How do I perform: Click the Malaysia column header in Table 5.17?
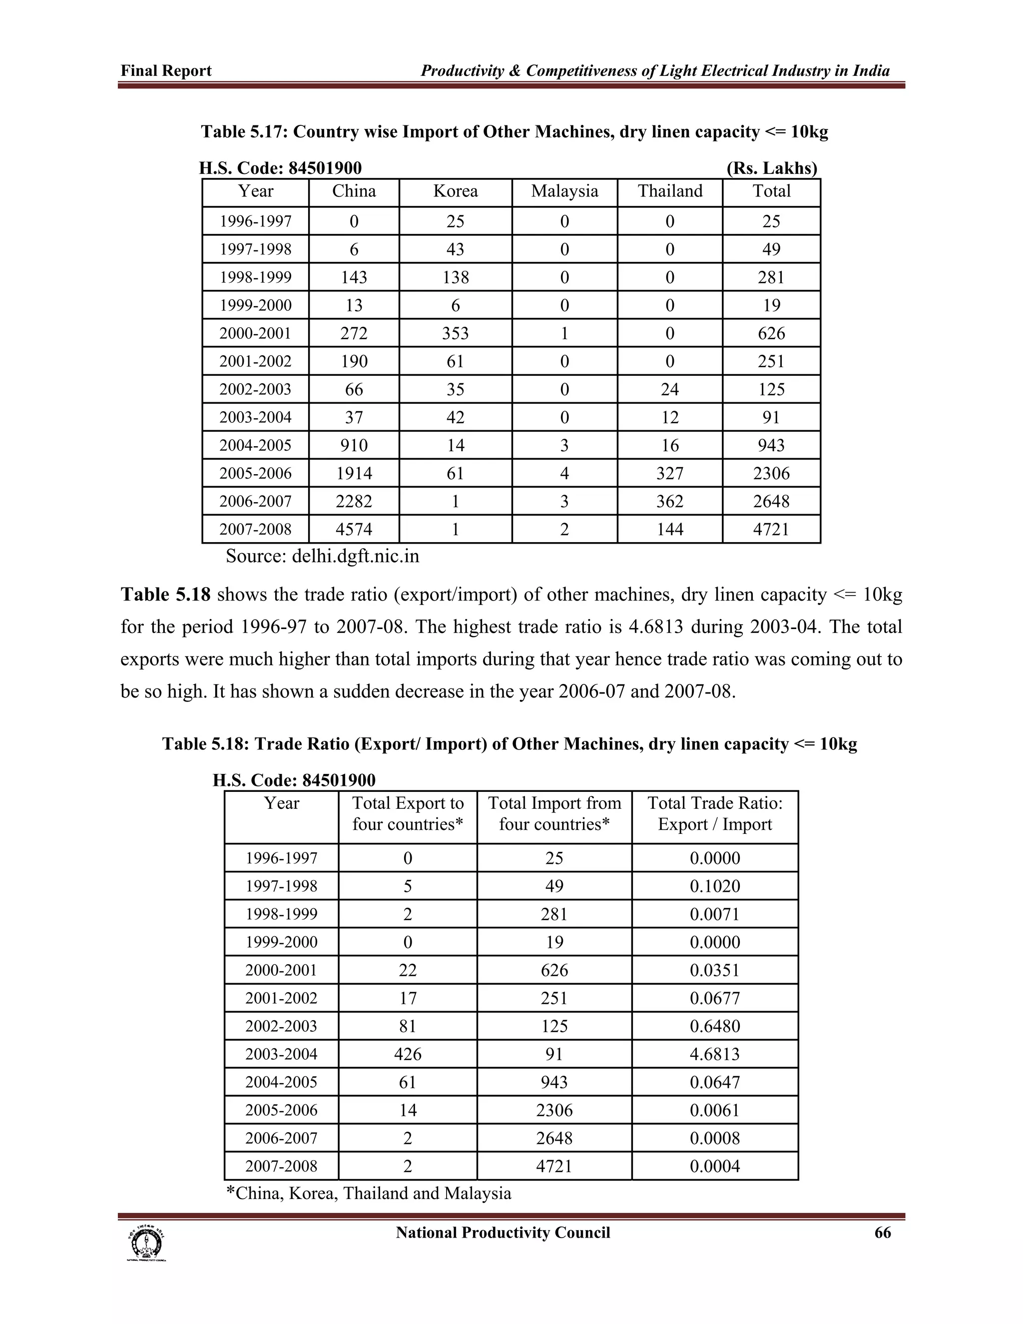(564, 191)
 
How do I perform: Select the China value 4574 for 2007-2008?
(354, 529)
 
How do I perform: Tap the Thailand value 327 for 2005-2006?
(670, 474)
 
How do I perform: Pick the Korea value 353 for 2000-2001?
(455, 333)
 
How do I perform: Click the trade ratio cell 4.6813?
(714, 1054)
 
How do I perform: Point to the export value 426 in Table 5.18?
(407, 1054)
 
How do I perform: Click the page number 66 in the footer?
(883, 1233)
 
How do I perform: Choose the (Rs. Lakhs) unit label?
(771, 168)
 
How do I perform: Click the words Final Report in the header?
(166, 71)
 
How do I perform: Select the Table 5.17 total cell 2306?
(771, 474)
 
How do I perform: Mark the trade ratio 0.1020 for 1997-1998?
(714, 886)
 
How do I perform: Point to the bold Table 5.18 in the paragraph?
(165, 595)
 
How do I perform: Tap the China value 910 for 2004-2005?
(354, 446)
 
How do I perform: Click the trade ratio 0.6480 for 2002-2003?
(714, 1026)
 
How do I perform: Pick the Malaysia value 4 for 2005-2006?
(564, 474)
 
